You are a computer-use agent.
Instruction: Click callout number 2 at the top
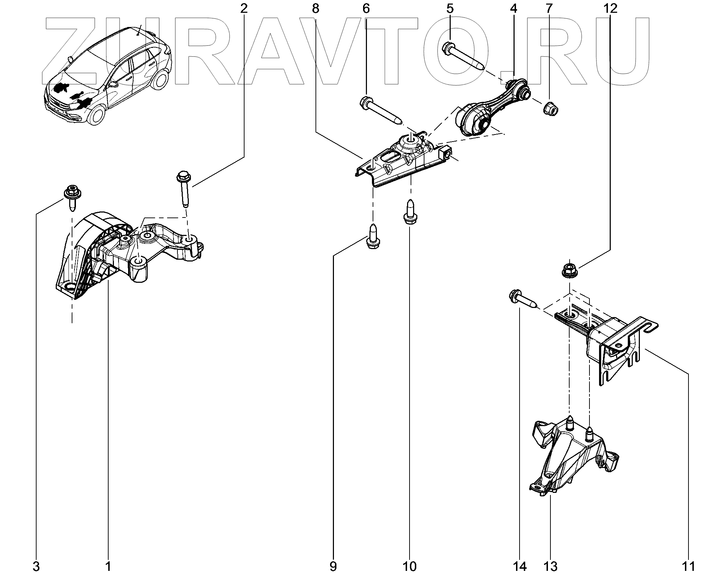(243, 9)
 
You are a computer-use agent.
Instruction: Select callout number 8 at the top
(315, 9)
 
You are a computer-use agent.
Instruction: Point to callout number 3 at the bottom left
(36, 566)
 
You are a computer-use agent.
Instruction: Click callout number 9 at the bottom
(333, 566)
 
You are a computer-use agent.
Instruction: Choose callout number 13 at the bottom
(550, 566)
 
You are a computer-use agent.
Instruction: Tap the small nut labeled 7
(549, 108)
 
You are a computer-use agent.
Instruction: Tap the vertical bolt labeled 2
(184, 188)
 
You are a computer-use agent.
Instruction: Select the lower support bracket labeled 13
(571, 458)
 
